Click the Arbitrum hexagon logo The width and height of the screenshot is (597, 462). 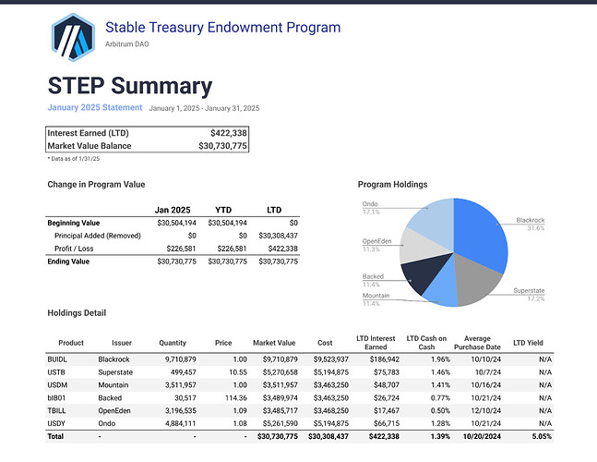[73, 37]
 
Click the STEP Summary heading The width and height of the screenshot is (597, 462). [130, 86]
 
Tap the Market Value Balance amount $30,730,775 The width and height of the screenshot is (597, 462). [222, 146]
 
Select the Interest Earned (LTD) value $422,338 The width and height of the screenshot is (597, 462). [229, 133]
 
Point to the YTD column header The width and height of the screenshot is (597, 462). [223, 210]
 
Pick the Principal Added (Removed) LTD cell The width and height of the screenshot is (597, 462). [279, 236]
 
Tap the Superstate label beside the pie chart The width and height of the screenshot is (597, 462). [529, 290]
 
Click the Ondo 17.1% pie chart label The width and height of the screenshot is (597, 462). [370, 208]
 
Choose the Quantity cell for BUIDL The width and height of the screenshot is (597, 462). [181, 359]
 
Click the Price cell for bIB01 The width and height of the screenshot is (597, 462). [236, 398]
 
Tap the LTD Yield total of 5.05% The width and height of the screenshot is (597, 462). [542, 436]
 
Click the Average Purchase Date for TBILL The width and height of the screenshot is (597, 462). [486, 411]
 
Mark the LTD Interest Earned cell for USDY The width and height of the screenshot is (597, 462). [387, 423]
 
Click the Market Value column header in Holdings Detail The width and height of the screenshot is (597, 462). [274, 343]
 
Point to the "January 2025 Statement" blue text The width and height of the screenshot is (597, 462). [95, 107]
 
